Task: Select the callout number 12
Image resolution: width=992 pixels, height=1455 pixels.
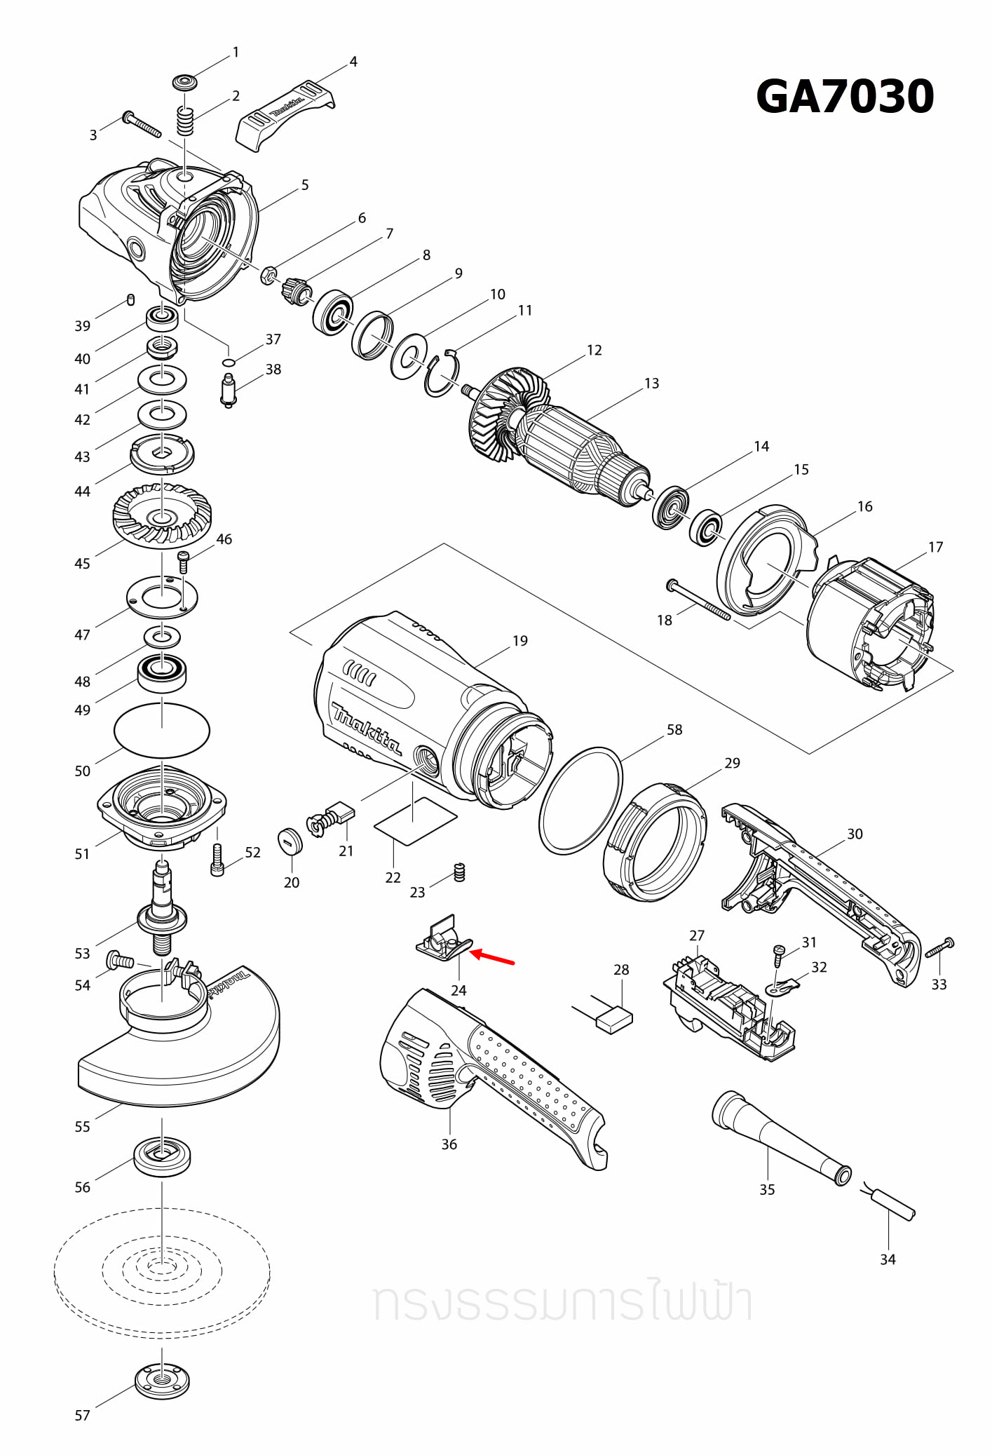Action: pyautogui.click(x=594, y=350)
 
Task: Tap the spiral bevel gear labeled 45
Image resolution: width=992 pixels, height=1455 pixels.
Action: pyautogui.click(x=162, y=516)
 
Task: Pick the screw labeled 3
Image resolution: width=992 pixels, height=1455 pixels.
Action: pyautogui.click(x=142, y=125)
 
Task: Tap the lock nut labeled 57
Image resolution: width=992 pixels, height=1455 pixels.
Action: pyautogui.click(x=162, y=1379)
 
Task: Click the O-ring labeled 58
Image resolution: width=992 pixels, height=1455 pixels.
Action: pyautogui.click(x=581, y=800)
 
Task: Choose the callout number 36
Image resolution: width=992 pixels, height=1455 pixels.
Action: pyautogui.click(x=449, y=1144)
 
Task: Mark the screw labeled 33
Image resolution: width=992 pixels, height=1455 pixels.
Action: pyautogui.click(x=940, y=948)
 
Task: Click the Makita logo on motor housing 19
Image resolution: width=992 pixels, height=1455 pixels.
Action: pyautogui.click(x=367, y=729)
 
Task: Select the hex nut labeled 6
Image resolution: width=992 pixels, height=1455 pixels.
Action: pyautogui.click(x=267, y=276)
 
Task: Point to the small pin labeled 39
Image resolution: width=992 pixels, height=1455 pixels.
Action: pyautogui.click(x=131, y=300)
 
